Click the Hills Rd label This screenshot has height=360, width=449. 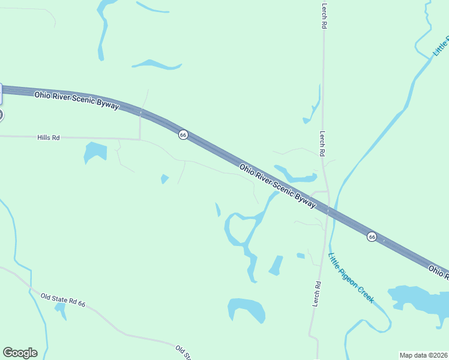[x=49, y=137]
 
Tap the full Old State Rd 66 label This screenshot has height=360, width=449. [x=63, y=300]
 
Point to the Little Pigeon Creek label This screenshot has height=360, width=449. [x=351, y=277]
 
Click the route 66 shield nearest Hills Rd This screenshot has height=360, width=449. [x=183, y=135]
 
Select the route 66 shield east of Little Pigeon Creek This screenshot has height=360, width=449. [x=372, y=237]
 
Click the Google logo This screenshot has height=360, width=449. [x=20, y=353]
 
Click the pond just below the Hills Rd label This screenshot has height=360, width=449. [x=95, y=152]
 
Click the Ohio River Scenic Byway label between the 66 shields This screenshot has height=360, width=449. [x=277, y=185]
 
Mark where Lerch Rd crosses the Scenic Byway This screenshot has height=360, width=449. [x=328, y=211]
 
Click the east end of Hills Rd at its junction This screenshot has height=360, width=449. [x=140, y=139]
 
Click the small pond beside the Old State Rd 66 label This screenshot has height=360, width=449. [x=60, y=310]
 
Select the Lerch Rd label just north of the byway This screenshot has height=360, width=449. [x=322, y=144]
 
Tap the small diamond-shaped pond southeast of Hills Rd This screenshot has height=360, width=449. [x=164, y=178]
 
